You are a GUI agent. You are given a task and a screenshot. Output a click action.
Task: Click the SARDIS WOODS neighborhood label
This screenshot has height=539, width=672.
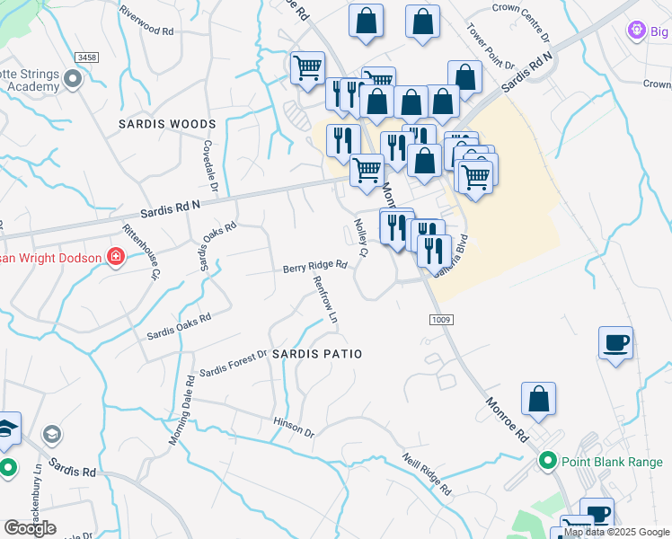[x=168, y=124]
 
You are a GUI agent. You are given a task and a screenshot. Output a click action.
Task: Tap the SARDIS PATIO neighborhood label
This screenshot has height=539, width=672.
[x=317, y=354]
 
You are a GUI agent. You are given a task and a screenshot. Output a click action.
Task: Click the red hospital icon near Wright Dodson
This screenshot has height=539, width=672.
[x=115, y=258]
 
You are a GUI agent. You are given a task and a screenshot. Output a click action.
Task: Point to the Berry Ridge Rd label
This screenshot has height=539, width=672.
[x=314, y=267]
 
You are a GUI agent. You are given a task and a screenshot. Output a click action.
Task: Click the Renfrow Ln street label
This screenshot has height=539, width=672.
[x=325, y=300]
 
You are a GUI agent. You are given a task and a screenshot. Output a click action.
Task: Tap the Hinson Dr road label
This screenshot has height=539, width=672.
[x=294, y=427]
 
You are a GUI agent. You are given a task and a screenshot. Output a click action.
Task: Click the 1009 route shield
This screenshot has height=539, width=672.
[x=440, y=320]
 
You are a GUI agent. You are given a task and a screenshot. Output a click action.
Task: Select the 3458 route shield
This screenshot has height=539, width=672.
[x=88, y=57]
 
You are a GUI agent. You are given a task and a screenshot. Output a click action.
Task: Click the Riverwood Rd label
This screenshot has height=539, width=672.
[x=146, y=31]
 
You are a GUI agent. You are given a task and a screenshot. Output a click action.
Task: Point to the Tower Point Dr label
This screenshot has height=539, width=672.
[x=490, y=47]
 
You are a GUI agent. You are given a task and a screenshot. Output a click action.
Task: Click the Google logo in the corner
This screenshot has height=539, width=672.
[x=30, y=528]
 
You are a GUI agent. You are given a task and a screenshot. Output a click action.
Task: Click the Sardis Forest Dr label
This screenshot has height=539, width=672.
[x=234, y=364]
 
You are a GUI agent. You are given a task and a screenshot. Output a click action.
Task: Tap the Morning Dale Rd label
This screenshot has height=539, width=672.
[x=180, y=409]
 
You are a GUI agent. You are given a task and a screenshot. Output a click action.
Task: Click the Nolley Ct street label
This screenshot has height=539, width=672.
[x=361, y=238]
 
